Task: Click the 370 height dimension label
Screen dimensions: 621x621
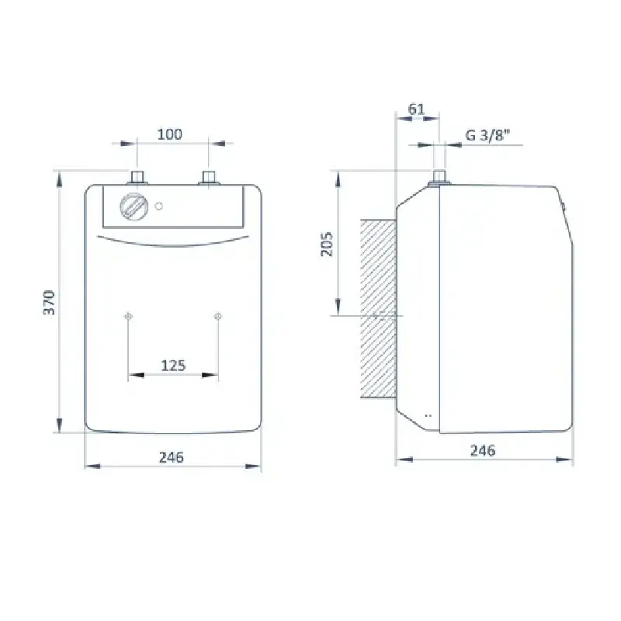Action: (x=49, y=303)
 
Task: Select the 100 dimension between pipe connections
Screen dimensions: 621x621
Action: (x=170, y=134)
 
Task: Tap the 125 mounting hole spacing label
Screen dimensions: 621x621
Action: (x=173, y=366)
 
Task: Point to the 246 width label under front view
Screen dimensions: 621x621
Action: (x=172, y=457)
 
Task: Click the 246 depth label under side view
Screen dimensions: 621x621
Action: (x=483, y=451)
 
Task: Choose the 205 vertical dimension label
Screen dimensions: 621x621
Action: (x=327, y=244)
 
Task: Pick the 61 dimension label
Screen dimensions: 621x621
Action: (x=416, y=109)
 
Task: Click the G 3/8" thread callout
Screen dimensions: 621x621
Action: (x=487, y=135)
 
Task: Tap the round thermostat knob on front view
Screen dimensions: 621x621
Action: (x=134, y=206)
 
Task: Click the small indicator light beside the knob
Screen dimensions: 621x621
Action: (x=159, y=206)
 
